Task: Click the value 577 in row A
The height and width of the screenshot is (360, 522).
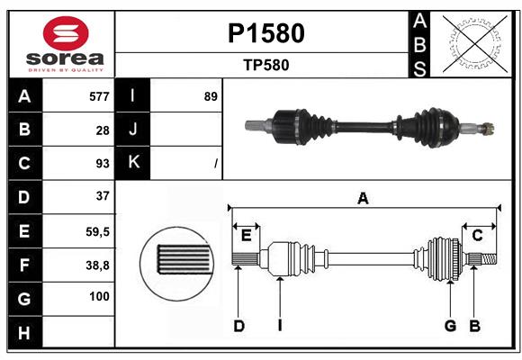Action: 99,96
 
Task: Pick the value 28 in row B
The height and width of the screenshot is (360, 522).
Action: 102,130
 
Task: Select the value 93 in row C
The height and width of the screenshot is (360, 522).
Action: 102,163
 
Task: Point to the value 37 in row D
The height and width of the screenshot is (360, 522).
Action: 102,196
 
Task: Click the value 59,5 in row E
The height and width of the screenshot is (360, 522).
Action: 97,230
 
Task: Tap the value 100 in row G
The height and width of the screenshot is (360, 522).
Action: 99,297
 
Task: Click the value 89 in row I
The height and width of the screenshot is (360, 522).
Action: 211,96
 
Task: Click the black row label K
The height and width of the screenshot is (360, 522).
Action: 133,163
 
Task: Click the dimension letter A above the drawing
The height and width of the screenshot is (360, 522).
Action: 363,199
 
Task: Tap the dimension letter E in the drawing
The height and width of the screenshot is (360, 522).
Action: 247,236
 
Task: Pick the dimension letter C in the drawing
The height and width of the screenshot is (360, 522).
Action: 477,236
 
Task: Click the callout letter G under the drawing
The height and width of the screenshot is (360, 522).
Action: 450,326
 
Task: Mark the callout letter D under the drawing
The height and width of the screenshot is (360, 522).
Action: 238,326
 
